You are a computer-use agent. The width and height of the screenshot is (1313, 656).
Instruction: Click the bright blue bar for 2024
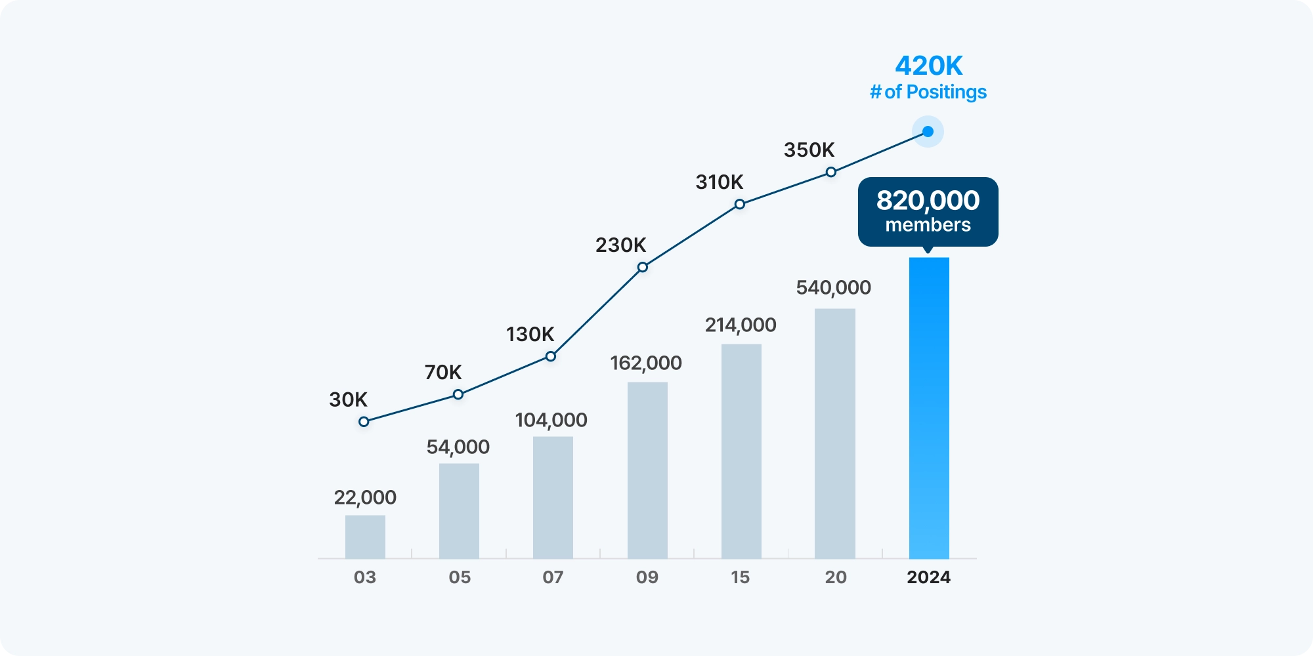(929, 407)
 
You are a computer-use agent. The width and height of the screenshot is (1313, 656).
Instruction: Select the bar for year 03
(365, 537)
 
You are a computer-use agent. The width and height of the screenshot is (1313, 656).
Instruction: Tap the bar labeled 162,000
(647, 470)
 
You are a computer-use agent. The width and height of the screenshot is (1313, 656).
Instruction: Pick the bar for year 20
(835, 433)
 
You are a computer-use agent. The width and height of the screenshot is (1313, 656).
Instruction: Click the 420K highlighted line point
(928, 132)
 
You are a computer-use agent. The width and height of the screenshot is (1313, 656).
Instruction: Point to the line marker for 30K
(364, 422)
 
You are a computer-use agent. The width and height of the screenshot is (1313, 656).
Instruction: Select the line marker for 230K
(643, 267)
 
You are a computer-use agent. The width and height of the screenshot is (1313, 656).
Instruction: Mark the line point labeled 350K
(831, 173)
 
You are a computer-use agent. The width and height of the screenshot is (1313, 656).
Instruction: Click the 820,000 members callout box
(928, 211)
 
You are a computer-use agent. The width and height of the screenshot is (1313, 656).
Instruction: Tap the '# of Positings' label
(928, 92)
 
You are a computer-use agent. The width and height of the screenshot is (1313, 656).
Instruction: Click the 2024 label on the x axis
(928, 577)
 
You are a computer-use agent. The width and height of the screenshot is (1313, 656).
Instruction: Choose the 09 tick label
(647, 577)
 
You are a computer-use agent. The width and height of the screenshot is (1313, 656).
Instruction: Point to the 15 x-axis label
(741, 577)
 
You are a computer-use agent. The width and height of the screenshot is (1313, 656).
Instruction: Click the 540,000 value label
(834, 287)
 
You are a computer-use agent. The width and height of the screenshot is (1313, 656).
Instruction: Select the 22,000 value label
(365, 497)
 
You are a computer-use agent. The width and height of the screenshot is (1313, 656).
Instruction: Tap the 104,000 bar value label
(551, 420)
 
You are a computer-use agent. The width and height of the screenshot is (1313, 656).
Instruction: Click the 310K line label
(720, 182)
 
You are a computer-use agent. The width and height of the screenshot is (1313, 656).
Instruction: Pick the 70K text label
(443, 372)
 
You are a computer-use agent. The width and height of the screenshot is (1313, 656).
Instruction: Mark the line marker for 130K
(551, 356)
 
